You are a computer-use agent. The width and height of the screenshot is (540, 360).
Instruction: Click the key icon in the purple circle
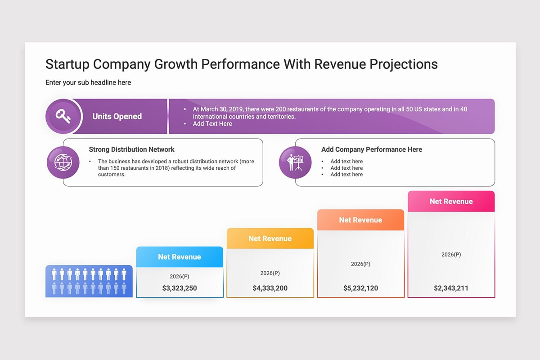click(63, 116)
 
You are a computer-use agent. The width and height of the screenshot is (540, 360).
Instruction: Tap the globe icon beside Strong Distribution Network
click(63, 162)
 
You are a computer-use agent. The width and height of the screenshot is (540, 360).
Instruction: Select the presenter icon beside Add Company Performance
click(295, 162)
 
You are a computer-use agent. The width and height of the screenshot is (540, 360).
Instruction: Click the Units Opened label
click(117, 116)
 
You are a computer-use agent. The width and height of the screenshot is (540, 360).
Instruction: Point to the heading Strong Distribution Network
click(131, 149)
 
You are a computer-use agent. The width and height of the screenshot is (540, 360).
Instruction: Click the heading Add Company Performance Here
click(372, 149)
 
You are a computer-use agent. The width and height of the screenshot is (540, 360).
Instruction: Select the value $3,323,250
click(180, 288)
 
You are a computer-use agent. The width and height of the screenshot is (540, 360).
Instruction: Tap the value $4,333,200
click(270, 288)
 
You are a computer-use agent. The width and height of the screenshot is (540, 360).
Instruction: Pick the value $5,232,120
click(360, 288)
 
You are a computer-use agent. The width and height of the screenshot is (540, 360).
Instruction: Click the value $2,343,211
click(451, 288)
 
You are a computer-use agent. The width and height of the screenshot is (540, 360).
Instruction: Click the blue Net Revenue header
click(180, 257)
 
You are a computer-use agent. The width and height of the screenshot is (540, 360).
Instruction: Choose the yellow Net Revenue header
click(270, 238)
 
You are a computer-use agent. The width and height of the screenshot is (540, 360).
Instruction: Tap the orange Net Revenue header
click(360, 220)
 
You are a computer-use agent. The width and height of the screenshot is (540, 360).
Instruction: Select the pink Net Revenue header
click(451, 201)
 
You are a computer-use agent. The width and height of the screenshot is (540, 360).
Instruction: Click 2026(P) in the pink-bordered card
click(451, 255)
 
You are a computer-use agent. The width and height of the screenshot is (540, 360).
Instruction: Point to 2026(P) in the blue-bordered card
click(180, 276)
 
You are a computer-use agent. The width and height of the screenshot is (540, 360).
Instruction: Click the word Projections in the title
click(403, 64)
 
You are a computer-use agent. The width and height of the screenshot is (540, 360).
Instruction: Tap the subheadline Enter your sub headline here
click(88, 82)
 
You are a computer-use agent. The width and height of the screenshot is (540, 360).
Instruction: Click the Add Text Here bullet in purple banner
click(212, 124)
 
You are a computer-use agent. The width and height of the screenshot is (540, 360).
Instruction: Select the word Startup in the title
click(67, 64)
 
